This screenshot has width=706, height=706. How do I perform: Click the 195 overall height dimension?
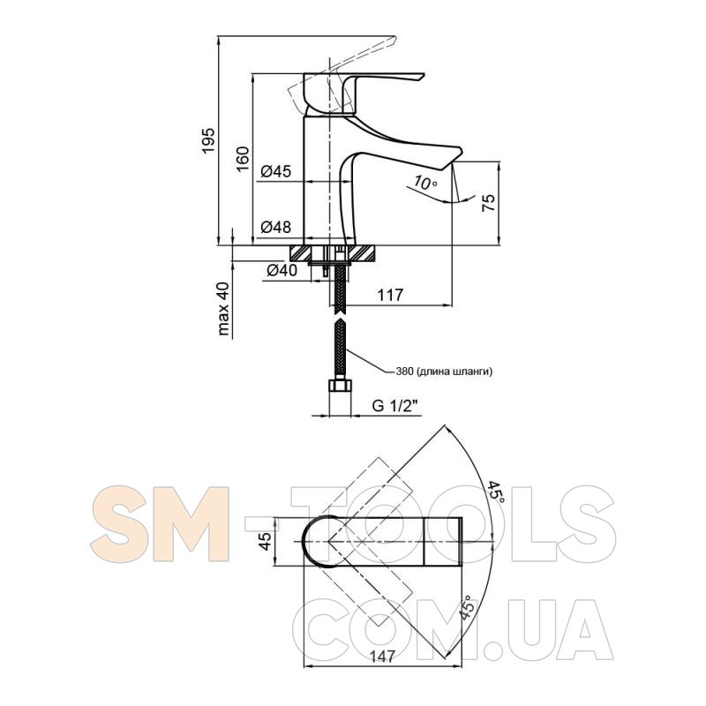[x=208, y=140]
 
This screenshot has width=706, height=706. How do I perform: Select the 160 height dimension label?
[x=243, y=159]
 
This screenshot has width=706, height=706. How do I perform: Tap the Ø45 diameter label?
[x=276, y=171]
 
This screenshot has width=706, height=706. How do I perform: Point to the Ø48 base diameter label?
[x=276, y=227]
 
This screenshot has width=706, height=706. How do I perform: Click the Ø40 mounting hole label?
[x=282, y=270]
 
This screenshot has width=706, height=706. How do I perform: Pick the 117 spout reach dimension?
[x=390, y=295]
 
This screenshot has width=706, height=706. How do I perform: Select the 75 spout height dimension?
[x=489, y=202]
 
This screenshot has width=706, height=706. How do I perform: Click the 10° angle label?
[x=425, y=183]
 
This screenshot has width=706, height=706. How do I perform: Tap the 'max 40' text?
[x=223, y=309]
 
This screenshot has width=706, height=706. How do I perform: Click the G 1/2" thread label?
[x=395, y=406]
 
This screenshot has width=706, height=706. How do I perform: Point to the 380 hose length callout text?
[x=444, y=372]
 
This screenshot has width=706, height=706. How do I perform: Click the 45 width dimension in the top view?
[x=266, y=541]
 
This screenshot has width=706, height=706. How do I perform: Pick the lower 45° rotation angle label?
[x=468, y=608]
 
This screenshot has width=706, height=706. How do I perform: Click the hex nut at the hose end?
[x=340, y=387]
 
